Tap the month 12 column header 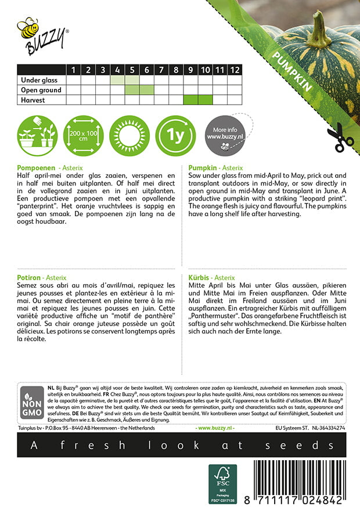point(234,70)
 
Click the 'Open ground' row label point(41,90)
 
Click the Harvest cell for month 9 point(190,100)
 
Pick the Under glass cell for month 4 point(118,80)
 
